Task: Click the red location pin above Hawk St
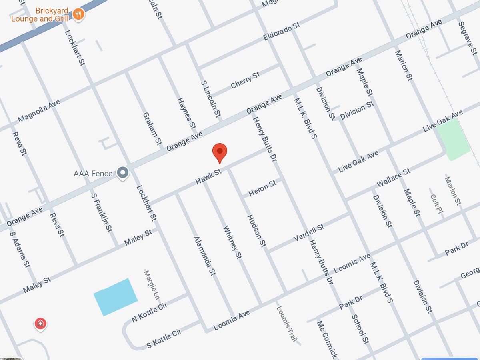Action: (x=220, y=152)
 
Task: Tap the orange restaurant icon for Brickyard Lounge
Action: (x=78, y=15)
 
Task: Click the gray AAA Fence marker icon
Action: (x=122, y=173)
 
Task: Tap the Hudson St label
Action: (x=256, y=231)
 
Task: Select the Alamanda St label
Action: (x=204, y=256)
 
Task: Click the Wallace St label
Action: (x=394, y=178)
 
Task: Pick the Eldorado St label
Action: (x=281, y=32)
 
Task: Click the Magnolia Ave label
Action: (x=39, y=111)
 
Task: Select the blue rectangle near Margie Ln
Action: (x=116, y=297)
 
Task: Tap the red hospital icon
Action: (x=40, y=323)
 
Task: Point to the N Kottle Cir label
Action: (x=149, y=312)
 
